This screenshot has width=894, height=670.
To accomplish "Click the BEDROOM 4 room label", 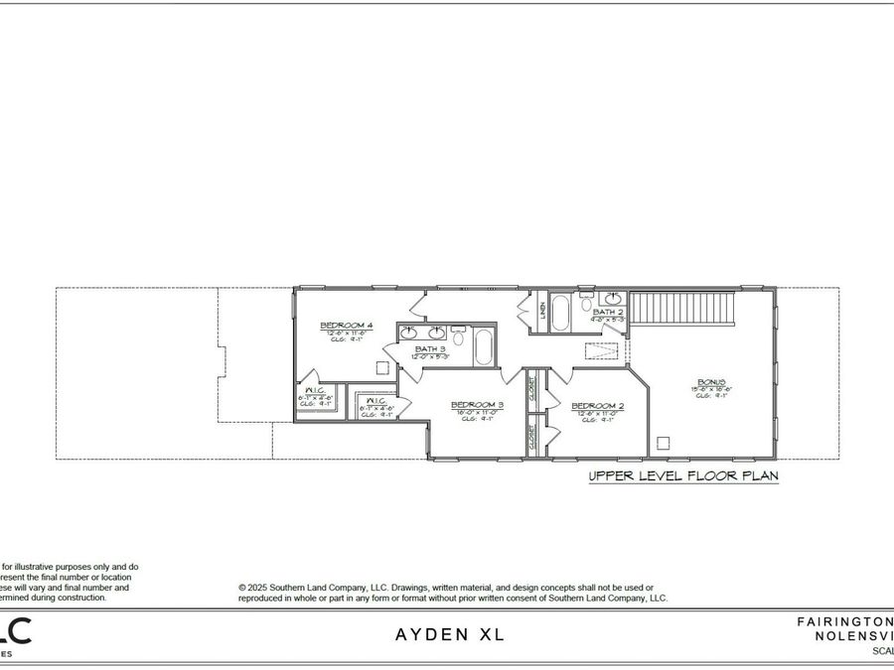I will [346, 326].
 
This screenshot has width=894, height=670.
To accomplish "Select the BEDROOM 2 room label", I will [597, 406].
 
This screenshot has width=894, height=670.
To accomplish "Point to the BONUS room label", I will [711, 382].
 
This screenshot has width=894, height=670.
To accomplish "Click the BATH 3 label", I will [430, 349].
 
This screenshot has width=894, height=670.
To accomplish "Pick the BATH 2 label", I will [607, 313].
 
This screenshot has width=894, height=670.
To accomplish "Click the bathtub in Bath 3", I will [484, 347].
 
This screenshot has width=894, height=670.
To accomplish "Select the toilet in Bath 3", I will [458, 330].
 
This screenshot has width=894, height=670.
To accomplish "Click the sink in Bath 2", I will [614, 297].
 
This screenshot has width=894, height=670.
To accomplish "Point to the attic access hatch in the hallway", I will [601, 352].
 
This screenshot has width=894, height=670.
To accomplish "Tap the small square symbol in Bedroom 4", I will [381, 366].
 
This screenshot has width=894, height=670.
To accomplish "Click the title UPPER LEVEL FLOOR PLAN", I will [682, 476].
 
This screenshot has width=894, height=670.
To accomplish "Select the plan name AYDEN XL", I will [451, 634].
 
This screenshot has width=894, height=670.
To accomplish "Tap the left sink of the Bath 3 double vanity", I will [408, 332].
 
